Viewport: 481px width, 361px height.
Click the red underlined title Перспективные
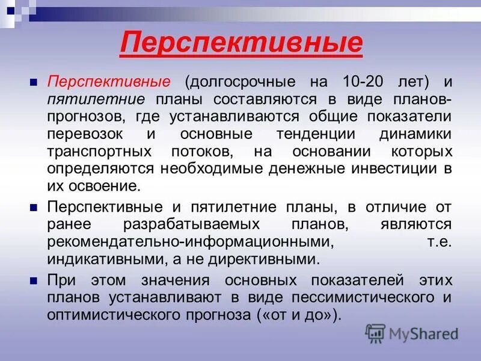point(241,43)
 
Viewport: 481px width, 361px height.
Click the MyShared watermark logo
point(412,333)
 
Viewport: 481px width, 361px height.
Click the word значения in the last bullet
point(174,280)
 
